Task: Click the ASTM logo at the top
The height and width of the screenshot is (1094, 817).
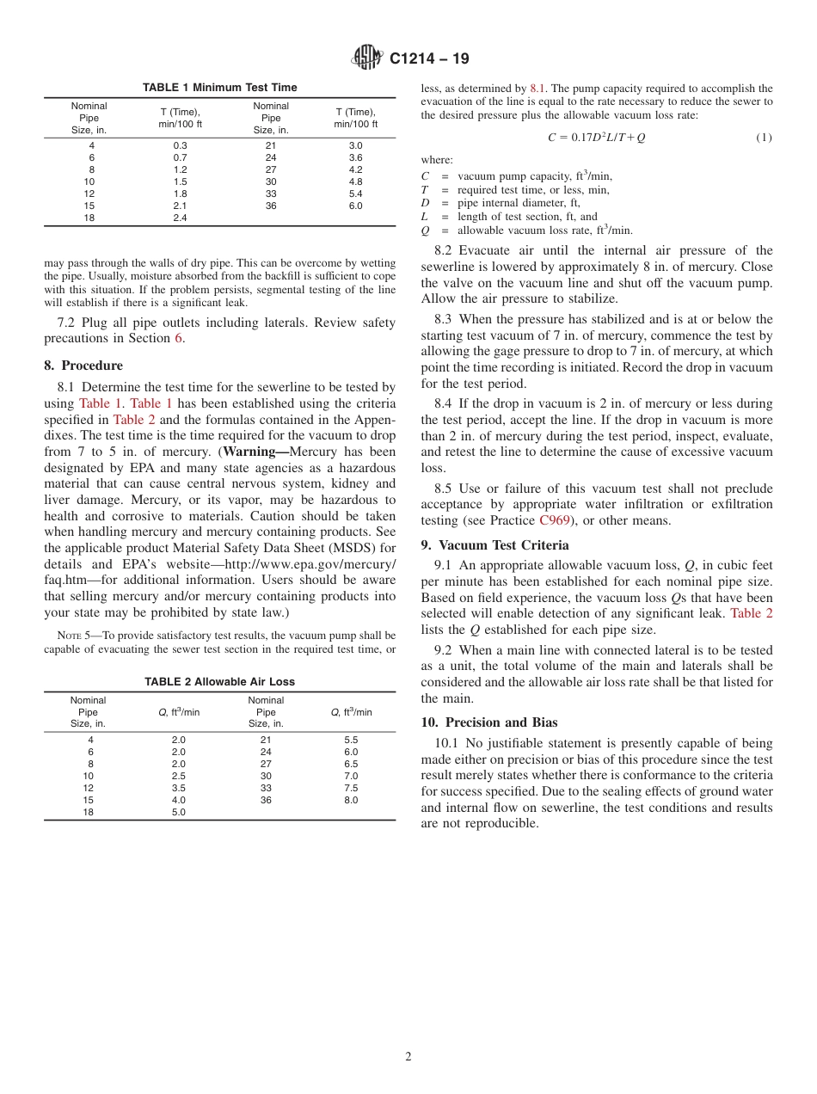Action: [x=367, y=58]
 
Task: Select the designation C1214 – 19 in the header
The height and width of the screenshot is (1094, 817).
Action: [x=429, y=59]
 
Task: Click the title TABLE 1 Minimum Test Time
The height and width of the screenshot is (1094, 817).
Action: [x=219, y=88]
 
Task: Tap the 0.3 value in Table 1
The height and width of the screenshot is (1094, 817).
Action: [x=180, y=146]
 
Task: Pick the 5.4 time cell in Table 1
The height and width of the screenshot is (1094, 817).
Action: [x=355, y=194]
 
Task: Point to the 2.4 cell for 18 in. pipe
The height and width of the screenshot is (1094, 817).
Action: [x=180, y=218]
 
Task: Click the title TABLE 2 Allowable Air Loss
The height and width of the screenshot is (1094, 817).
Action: [x=219, y=682]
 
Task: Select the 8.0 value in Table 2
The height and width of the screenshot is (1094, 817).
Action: [x=351, y=801]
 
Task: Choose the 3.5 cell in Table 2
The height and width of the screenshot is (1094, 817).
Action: [x=178, y=789]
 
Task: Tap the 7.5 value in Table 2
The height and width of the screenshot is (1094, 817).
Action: [x=351, y=789]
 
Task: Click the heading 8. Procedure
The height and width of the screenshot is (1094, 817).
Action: [x=83, y=366]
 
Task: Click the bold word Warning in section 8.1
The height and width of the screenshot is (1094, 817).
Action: [x=255, y=452]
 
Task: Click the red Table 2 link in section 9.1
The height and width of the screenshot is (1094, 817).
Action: [x=751, y=613]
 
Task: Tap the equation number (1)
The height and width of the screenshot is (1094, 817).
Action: [x=764, y=138]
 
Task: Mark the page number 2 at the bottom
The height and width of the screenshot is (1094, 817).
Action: [x=408, y=1057]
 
